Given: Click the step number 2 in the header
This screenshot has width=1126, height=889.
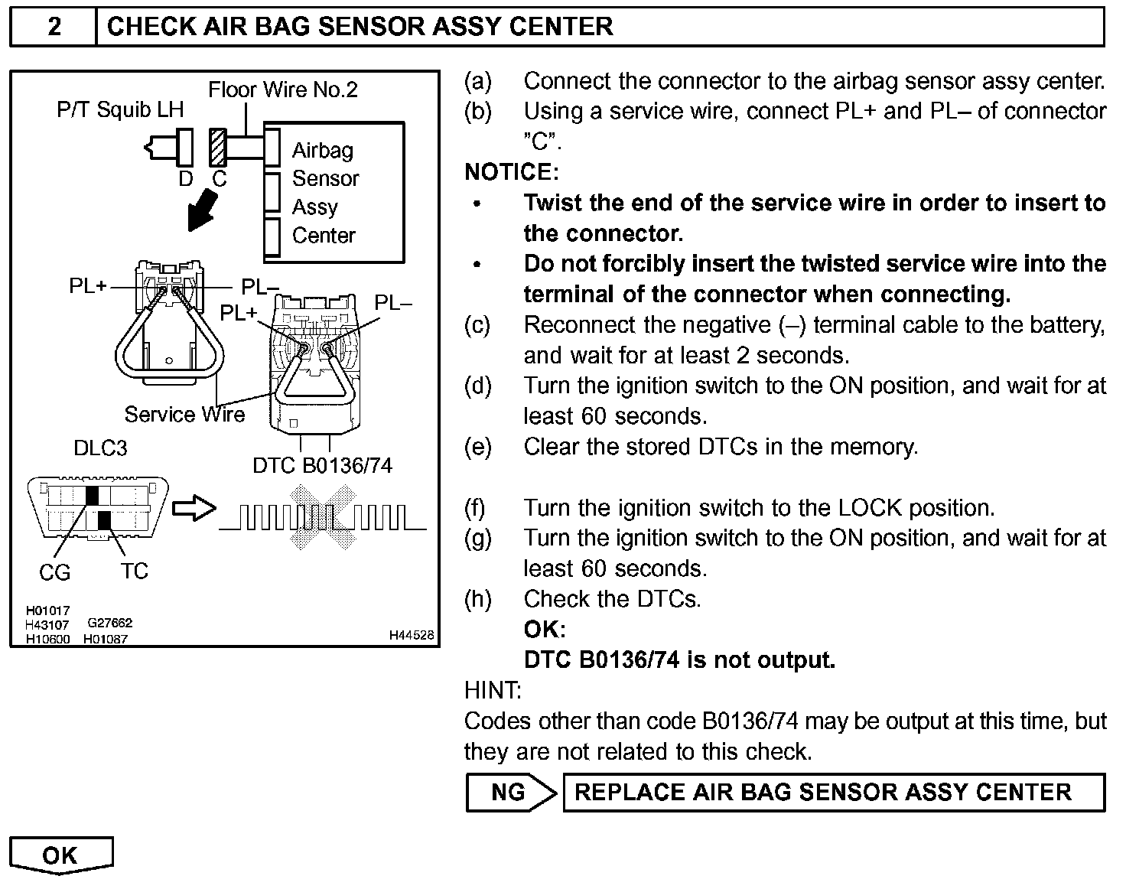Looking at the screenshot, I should [x=54, y=27].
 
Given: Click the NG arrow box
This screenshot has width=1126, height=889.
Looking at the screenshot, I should [x=511, y=793].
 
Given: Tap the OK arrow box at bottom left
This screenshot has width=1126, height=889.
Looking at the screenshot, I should [x=60, y=855].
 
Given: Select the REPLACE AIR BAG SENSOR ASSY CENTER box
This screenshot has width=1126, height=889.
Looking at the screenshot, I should [x=833, y=793].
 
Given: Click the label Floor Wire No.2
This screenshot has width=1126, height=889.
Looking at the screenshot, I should [x=283, y=90].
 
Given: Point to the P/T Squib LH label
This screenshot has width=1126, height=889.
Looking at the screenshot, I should [x=120, y=110].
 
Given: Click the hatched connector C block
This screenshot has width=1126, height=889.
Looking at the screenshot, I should [x=218, y=148].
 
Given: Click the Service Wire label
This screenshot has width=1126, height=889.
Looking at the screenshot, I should [x=184, y=415].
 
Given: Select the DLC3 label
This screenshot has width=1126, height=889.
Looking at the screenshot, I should [x=100, y=448].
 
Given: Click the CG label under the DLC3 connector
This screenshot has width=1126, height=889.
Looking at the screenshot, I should [x=54, y=572].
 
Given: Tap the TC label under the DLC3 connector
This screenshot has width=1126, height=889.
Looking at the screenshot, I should [x=134, y=571].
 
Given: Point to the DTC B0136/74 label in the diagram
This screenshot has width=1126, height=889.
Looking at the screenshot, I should [x=322, y=466].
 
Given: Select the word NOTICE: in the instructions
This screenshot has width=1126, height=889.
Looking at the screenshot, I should [x=512, y=172].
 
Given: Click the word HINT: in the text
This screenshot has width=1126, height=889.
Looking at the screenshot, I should [x=493, y=691].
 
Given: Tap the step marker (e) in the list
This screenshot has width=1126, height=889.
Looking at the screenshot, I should [x=478, y=447].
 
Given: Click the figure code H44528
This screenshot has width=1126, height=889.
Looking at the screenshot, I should [x=411, y=635].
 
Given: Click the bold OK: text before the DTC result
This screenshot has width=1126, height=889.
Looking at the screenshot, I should [x=545, y=630].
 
